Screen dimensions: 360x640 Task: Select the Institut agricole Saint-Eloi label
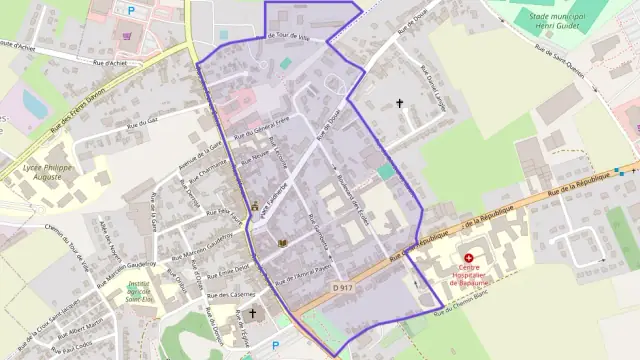(x=144, y=290)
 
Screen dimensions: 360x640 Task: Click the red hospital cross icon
(x=468, y=258)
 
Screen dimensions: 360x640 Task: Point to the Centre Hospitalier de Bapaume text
(x=468, y=274)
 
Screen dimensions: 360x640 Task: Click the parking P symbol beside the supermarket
(x=130, y=10)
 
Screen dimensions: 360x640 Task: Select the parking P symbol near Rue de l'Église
(x=275, y=346)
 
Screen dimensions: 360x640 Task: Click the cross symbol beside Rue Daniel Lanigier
(x=400, y=102)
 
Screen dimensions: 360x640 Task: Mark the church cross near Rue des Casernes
(x=252, y=313)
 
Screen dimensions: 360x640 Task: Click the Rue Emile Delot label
(x=227, y=268)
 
